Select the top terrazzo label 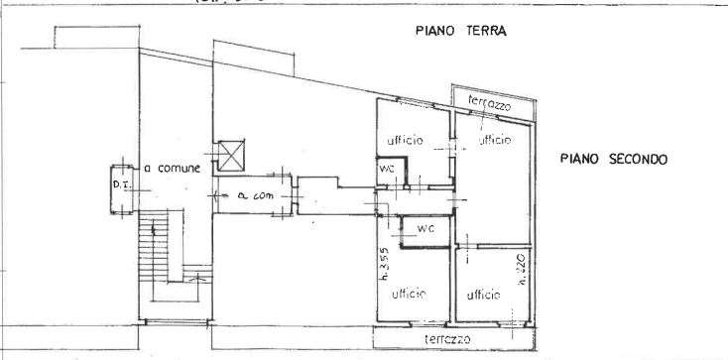(488, 103)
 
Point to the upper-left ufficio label (405, 141)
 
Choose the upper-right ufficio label (497, 141)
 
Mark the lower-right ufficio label (483, 294)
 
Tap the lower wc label (425, 228)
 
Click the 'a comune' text (173, 169)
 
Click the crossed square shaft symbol (231, 154)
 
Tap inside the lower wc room (426, 234)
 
